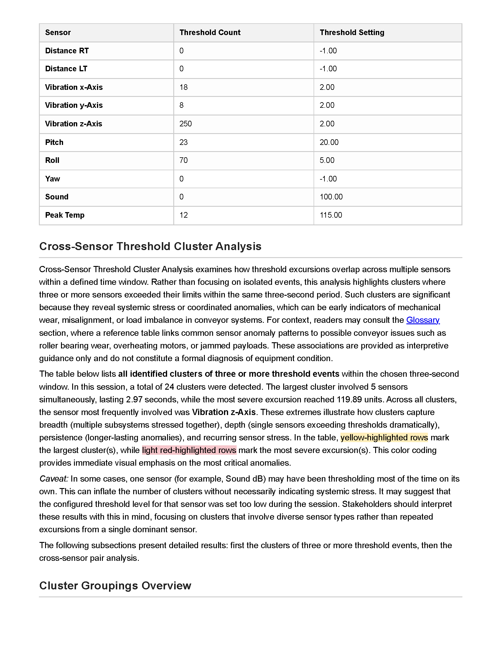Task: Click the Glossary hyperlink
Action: [x=423, y=320]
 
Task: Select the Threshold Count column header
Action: [x=210, y=32]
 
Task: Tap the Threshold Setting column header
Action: [x=352, y=32]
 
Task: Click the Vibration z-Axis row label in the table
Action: [x=74, y=124]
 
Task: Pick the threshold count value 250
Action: [x=185, y=124]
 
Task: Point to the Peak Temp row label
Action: [x=65, y=215]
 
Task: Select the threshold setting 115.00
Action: [x=331, y=215]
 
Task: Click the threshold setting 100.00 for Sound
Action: [x=331, y=197]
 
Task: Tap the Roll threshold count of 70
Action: [x=183, y=160]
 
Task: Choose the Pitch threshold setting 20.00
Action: [x=329, y=142]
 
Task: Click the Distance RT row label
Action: [x=67, y=51]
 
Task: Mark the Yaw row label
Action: [x=52, y=178]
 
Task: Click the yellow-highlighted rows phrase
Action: [x=384, y=438]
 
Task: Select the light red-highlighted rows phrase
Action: [x=189, y=450]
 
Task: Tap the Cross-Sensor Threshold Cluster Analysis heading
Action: [x=150, y=247]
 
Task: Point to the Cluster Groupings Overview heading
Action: [x=115, y=586]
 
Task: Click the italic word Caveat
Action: [x=54, y=479]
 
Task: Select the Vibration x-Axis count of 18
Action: [x=183, y=87]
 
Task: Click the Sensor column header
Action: [x=58, y=32]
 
